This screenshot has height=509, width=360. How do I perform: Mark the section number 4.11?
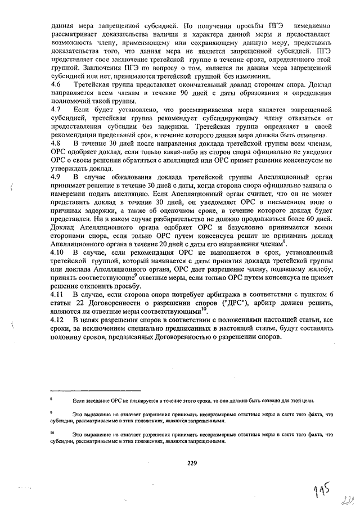pos(57,295)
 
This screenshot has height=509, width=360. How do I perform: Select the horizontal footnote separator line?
pos(87,389)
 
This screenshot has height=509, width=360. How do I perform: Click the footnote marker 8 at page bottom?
pos(51,398)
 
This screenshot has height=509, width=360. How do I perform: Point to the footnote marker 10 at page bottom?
pos(51,434)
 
